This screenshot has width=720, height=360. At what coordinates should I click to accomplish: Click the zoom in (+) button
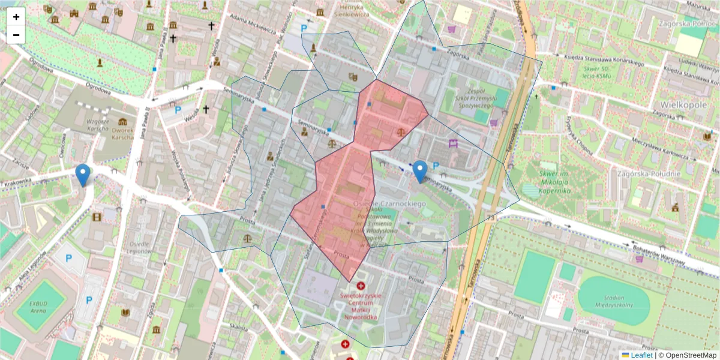(16, 17)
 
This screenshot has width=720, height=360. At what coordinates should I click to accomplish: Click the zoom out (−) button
(16, 35)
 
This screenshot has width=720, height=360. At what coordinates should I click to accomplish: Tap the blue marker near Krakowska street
(83, 175)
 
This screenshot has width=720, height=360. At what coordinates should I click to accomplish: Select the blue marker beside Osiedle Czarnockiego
(421, 171)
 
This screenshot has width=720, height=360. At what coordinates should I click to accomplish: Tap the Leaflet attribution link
(641, 355)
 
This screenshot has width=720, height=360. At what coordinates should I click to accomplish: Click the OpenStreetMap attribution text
(687, 355)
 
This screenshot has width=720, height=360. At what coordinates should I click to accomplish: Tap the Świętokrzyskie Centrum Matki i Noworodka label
(361, 306)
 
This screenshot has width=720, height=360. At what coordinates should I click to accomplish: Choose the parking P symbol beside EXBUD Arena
(89, 300)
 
